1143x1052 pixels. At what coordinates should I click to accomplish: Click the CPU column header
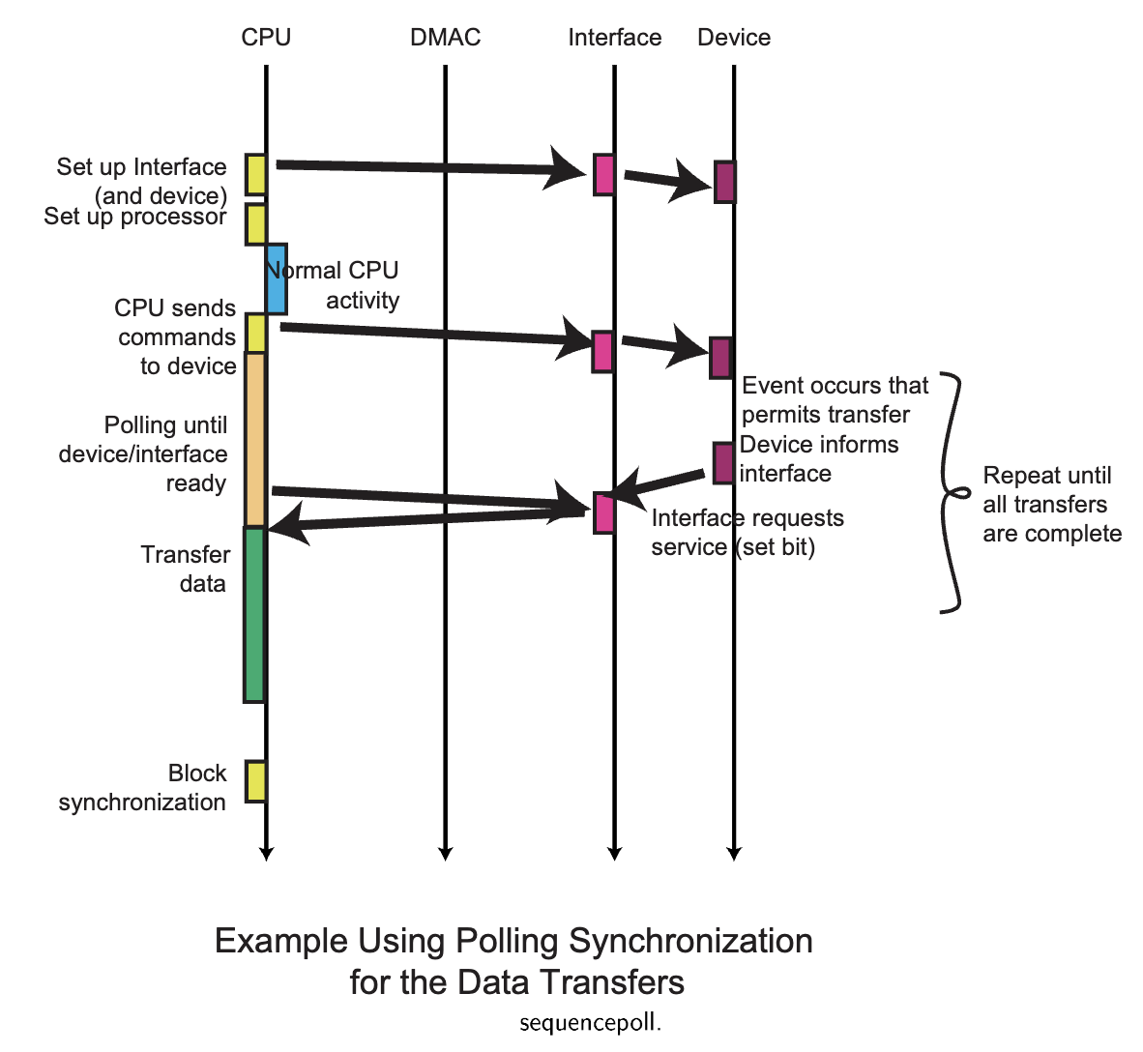pyautogui.click(x=266, y=38)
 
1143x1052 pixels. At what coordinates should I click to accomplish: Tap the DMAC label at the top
pyautogui.click(x=445, y=38)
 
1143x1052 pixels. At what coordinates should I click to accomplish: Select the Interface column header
pyautogui.click(x=614, y=38)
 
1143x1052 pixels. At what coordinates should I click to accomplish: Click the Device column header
pyautogui.click(x=734, y=38)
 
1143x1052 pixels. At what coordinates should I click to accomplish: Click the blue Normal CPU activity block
pyautogui.click(x=277, y=278)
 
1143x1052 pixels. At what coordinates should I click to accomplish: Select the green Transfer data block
pyautogui.click(x=254, y=614)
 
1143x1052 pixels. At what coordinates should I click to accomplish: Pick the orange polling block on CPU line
pyautogui.click(x=255, y=440)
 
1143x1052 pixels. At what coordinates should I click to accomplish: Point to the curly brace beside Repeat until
pyautogui.click(x=952, y=493)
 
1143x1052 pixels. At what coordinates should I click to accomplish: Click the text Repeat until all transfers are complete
pyautogui.click(x=1051, y=505)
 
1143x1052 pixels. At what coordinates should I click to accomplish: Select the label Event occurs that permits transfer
pyautogui.click(x=834, y=400)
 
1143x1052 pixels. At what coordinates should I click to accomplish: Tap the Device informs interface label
pyautogui.click(x=818, y=459)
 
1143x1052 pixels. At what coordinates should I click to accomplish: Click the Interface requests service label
pyautogui.click(x=747, y=533)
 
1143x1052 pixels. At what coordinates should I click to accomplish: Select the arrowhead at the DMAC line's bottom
pyautogui.click(x=445, y=853)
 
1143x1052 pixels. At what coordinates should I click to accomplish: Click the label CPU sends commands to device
pyautogui.click(x=176, y=336)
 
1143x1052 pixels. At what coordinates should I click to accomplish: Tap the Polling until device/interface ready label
pyautogui.click(x=145, y=454)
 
